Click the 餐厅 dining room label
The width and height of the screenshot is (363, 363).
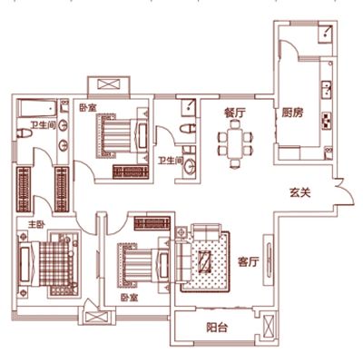[235, 113]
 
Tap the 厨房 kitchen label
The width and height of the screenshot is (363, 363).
[292, 113]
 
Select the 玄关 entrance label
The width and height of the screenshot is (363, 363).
[300, 192]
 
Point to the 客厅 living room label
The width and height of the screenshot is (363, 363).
[249, 261]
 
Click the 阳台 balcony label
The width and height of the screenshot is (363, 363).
[217, 328]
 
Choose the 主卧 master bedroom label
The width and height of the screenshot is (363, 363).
[36, 225]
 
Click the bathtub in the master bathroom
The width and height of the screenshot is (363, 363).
[38, 108]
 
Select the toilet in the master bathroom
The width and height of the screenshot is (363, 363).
[25, 133]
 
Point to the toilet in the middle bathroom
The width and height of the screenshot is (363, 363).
[188, 129]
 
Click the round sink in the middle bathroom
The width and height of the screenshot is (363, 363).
[190, 166]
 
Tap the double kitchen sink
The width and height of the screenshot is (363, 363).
[327, 90]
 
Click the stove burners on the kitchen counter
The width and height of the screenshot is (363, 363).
[327, 121]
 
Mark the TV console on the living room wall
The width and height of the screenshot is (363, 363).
[269, 260]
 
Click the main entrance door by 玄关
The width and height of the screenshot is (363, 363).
[345, 192]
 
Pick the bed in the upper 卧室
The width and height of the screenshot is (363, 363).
[123, 135]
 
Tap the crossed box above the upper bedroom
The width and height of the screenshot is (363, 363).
[109, 84]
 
